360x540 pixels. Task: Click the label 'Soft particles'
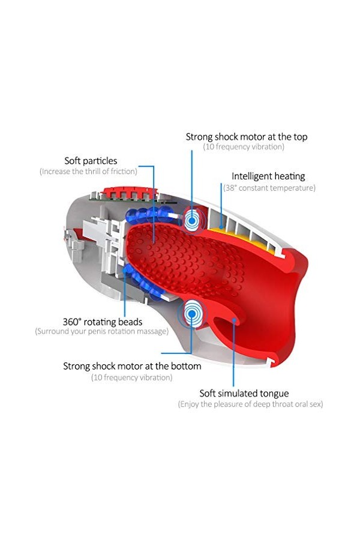(91, 161)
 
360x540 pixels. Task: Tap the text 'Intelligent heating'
(268, 176)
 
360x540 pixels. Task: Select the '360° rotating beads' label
(102, 321)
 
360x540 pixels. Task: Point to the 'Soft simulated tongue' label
(244, 394)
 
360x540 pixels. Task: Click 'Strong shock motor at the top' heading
(246, 137)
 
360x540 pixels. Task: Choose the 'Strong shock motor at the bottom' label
(132, 365)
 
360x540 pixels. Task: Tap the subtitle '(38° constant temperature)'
(269, 188)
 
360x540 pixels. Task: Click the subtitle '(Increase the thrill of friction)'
(88, 172)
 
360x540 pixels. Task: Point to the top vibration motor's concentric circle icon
(193, 220)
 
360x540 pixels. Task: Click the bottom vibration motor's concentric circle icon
(192, 311)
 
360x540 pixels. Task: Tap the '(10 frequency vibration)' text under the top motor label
(244, 147)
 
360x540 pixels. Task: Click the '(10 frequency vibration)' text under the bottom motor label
(131, 377)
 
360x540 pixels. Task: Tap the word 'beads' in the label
(129, 321)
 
